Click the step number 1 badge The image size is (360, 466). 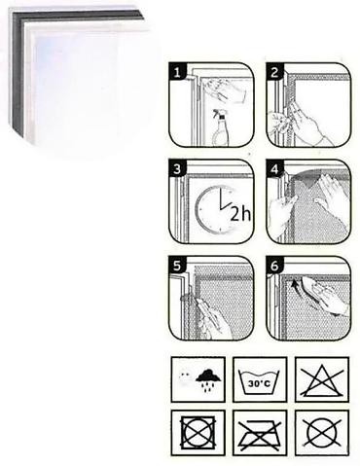coord(177,72)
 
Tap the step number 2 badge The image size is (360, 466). coord(274,72)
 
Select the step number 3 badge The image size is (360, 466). coord(177,168)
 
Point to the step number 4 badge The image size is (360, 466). coord(274,168)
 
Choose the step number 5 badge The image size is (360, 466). coord(177,266)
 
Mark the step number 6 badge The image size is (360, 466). coord(274,266)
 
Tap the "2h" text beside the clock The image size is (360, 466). coord(240,214)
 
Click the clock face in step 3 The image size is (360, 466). coord(214,209)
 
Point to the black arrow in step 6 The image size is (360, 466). coord(295,284)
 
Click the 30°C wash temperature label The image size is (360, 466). coord(259,383)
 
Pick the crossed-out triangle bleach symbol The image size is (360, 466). coord(322,380)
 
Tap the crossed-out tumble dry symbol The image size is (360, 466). coord(198,433)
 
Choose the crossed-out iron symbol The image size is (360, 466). coord(260,434)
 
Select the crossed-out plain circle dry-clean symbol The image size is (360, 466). coord(322,433)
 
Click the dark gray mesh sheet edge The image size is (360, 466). coord(18,75)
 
